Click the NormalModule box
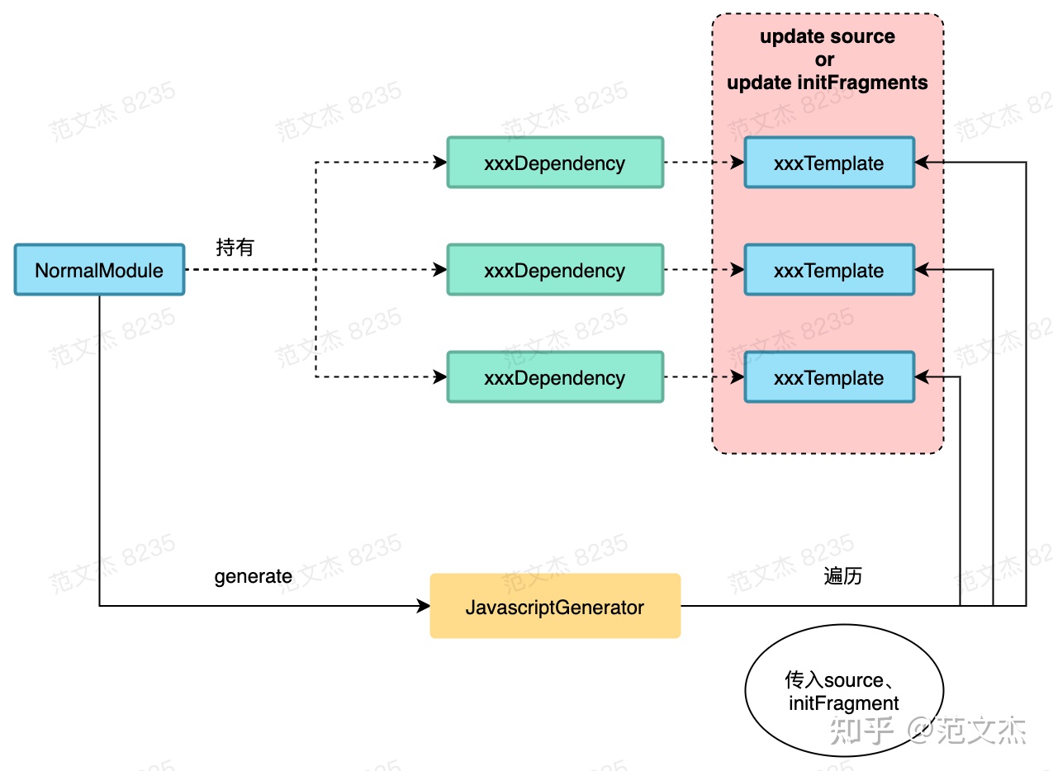(x=99, y=270)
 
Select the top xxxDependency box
(x=554, y=163)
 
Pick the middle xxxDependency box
(x=554, y=270)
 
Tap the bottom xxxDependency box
(x=554, y=377)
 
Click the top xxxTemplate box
(x=829, y=163)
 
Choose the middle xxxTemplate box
(x=829, y=270)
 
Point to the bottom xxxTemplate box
(x=829, y=377)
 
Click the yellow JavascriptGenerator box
(x=555, y=607)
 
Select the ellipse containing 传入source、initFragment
(x=843, y=692)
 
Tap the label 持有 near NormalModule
(x=235, y=247)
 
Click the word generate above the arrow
(x=253, y=576)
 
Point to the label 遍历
(x=842, y=576)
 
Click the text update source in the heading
(x=827, y=36)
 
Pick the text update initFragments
(x=827, y=83)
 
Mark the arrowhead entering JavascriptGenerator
(x=425, y=607)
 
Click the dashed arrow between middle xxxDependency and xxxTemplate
(x=703, y=270)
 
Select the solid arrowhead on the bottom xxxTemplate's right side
(x=922, y=377)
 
